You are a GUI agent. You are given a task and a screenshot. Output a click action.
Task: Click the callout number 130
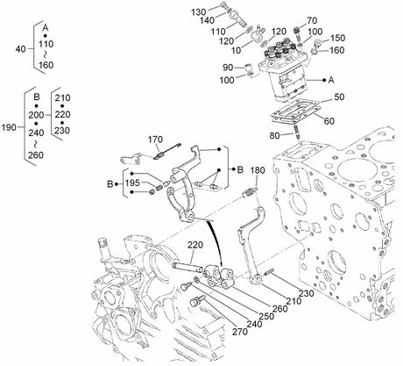pyautogui.click(x=199, y=12)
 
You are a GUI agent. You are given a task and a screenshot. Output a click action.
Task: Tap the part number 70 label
pyautogui.click(x=312, y=20)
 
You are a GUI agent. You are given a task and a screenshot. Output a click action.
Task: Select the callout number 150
pyautogui.click(x=337, y=38)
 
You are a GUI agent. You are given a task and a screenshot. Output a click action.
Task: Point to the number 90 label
pyautogui.click(x=228, y=68)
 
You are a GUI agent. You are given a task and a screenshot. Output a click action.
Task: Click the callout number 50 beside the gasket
pyautogui.click(x=339, y=97)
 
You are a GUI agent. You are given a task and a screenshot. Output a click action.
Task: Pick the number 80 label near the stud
pyautogui.click(x=274, y=135)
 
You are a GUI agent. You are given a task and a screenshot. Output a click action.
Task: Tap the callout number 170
pyautogui.click(x=155, y=140)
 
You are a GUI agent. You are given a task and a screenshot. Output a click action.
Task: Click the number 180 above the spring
pyautogui.click(x=258, y=170)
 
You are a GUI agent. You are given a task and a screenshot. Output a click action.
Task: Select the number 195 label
pyautogui.click(x=132, y=183)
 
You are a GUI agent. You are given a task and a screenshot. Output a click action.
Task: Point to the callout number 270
pyautogui.click(x=240, y=332)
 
